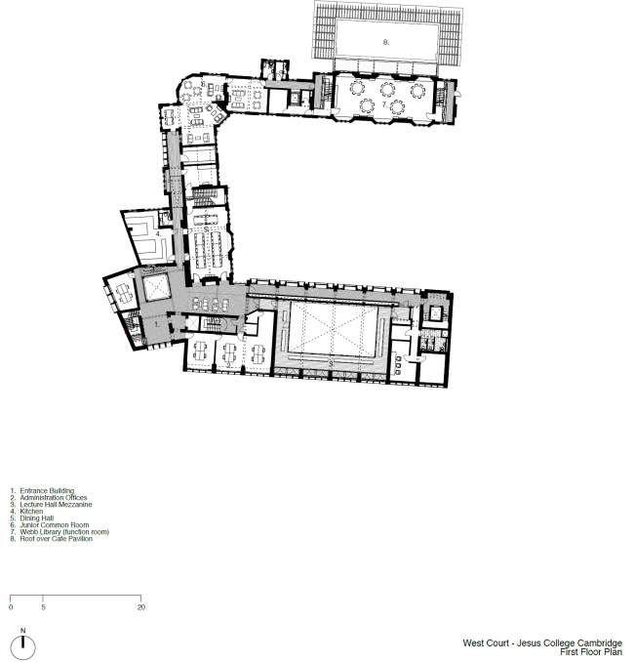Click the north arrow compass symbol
tap(22, 645)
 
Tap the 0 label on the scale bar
tap(11, 606)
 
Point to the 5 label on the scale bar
tap(43, 606)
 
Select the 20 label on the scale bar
tap(140, 606)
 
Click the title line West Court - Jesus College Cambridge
tap(542, 643)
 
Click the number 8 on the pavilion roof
tap(386, 42)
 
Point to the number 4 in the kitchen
tap(158, 234)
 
